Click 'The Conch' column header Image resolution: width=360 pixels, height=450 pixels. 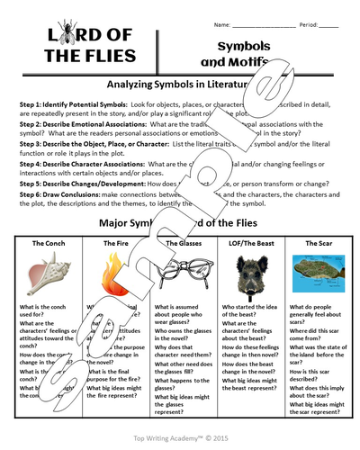pos(49,243)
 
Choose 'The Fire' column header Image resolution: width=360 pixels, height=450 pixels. pos(115,243)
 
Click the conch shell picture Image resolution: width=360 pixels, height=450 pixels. pos(49,274)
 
